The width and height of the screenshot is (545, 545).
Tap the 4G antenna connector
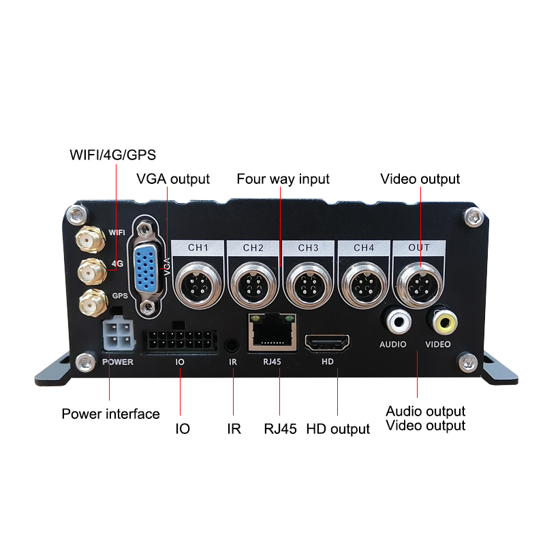tap(87, 272)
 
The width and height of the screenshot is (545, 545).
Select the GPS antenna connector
tap(89, 300)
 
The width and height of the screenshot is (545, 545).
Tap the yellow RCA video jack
tap(437, 320)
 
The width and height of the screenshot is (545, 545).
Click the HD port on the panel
tap(327, 343)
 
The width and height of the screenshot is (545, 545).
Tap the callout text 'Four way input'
tap(283, 179)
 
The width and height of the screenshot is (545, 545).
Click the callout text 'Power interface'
tap(110, 414)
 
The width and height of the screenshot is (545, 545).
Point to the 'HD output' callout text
tap(338, 429)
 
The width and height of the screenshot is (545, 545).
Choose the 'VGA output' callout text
tap(173, 179)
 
